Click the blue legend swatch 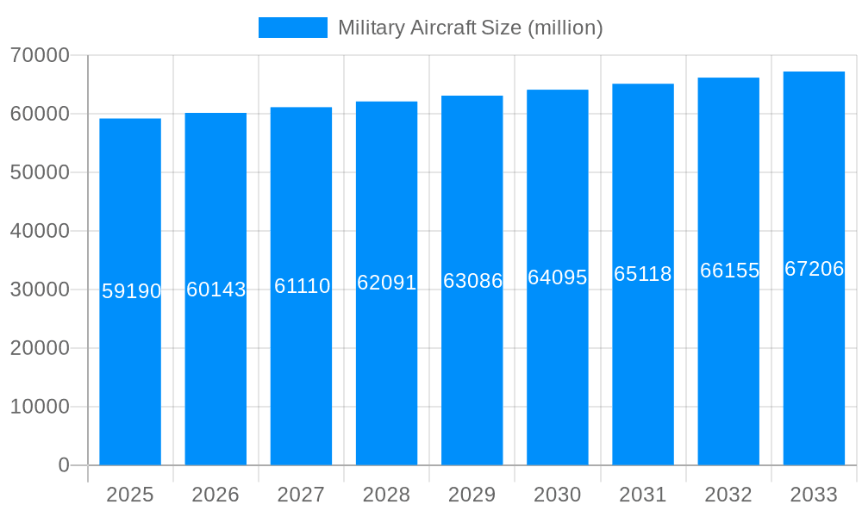(x=293, y=28)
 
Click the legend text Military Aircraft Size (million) (x=470, y=28)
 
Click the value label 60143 (x=215, y=290)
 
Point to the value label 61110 (x=302, y=286)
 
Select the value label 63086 (x=472, y=281)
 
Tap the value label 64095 (x=558, y=277)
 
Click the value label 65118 (x=643, y=274)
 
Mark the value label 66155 (x=729, y=271)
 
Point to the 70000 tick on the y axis (x=40, y=55)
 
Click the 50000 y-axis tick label (x=40, y=172)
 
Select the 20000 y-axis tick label (x=40, y=348)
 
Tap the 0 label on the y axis (x=64, y=465)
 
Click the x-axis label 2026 (x=215, y=495)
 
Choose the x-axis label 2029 (x=472, y=495)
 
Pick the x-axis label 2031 (x=643, y=495)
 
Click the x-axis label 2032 (x=728, y=495)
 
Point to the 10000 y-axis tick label (x=40, y=407)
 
